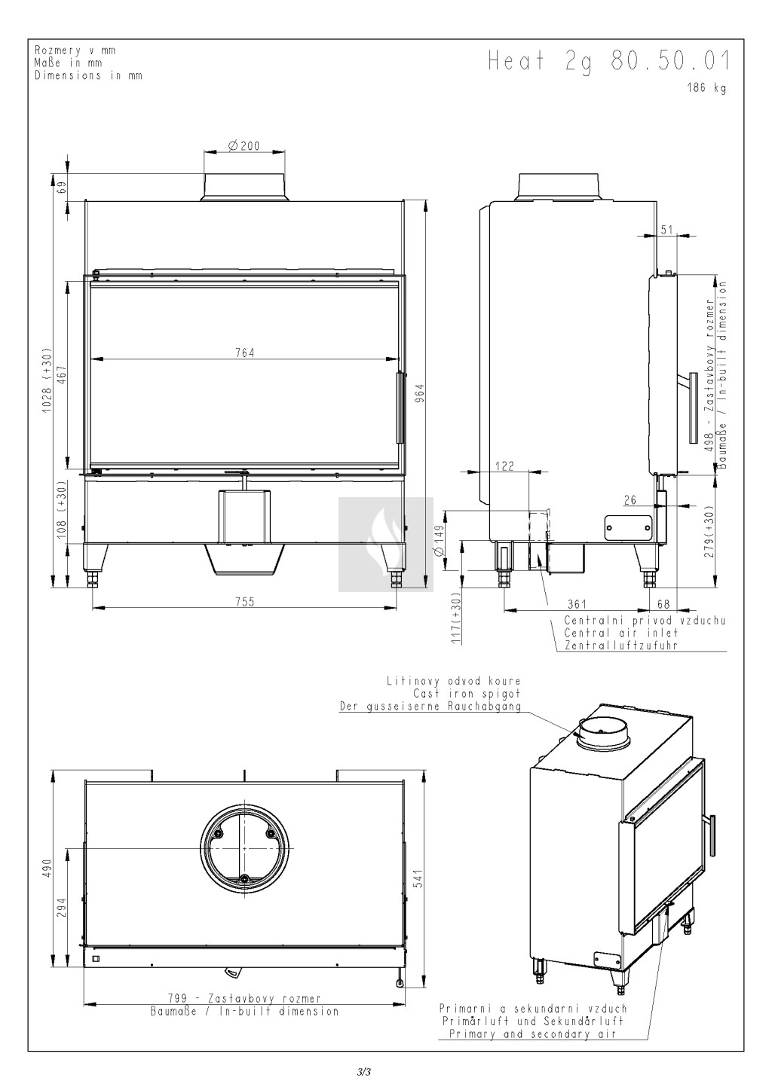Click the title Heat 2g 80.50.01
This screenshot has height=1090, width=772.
pos(609,63)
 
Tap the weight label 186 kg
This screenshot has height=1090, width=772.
pos(706,88)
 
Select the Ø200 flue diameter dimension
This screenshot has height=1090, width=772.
pos(244,145)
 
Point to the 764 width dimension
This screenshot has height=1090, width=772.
pos(244,353)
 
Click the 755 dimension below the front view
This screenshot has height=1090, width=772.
pos(244,601)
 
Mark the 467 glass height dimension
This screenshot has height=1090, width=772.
pos(62,376)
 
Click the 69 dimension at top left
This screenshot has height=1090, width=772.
pos(62,188)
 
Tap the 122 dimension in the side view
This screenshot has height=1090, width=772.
pos(504,466)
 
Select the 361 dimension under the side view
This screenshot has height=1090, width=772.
pos(577,604)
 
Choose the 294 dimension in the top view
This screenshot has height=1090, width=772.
pos(62,908)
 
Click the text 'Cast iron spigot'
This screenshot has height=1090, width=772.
pos(467,694)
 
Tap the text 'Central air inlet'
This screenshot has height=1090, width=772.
pos(621,633)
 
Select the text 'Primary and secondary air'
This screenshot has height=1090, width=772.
pos(533,1034)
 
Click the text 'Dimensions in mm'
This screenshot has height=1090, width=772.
pos(89,75)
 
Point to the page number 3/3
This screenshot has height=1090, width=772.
pos(364,1071)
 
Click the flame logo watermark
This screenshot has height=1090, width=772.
pos(386,545)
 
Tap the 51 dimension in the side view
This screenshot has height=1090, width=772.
pos(666,229)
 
